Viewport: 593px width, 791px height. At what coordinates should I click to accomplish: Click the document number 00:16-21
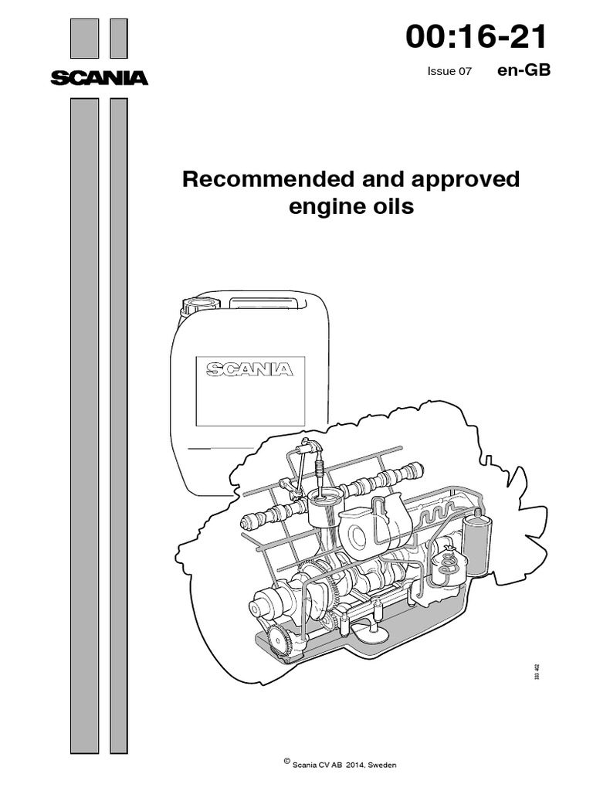pos(477,36)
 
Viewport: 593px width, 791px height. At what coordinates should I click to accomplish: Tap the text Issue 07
pos(449,71)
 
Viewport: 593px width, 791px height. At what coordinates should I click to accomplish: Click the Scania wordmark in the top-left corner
pos(99,77)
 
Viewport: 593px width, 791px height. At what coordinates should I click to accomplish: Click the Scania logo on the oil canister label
pos(249,369)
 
